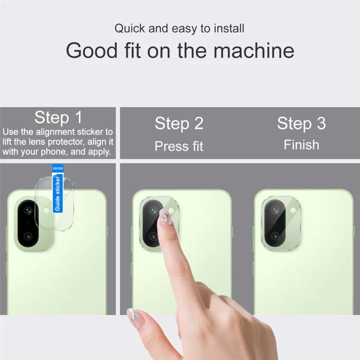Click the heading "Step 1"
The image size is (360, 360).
[x=58, y=118]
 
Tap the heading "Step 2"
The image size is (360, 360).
[x=179, y=123]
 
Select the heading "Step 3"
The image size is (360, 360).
[x=301, y=123]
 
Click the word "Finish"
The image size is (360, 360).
[x=301, y=145]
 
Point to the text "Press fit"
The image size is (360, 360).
[x=179, y=146]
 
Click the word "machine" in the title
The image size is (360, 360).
[x=254, y=50]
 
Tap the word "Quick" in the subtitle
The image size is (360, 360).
[x=130, y=29]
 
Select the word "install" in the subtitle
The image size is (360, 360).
[x=229, y=29]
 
